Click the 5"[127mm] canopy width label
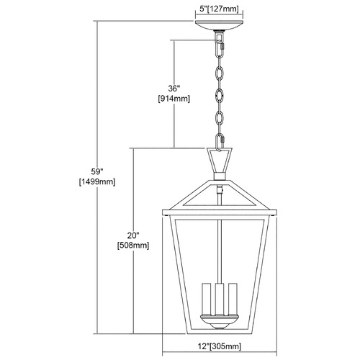click(x=220, y=9)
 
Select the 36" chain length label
click(x=174, y=89)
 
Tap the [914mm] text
click(x=174, y=99)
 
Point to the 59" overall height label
click(x=97, y=171)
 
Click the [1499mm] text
click(x=97, y=181)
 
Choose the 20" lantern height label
click(x=133, y=235)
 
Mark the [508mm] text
click(x=133, y=246)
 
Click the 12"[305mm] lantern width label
click(x=220, y=346)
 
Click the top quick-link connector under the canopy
click(x=220, y=48)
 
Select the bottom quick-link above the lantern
click(x=220, y=143)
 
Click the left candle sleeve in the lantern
click(x=207, y=299)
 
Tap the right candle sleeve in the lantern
click(x=233, y=299)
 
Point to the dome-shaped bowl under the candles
click(x=220, y=322)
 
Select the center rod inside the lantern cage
click(x=220, y=250)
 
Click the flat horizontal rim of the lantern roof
click(x=220, y=212)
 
